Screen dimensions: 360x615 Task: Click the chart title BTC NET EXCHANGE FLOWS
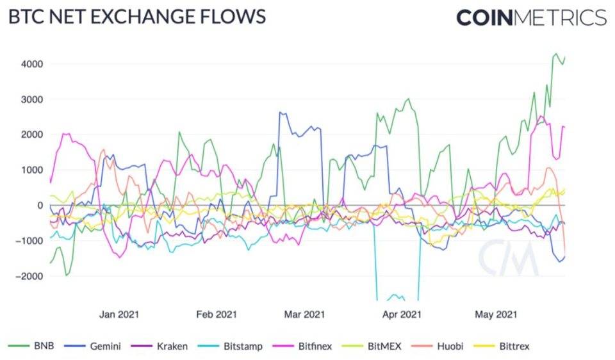(x=136, y=17)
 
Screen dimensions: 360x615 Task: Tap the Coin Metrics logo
(x=531, y=17)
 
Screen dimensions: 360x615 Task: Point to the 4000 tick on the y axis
(x=31, y=64)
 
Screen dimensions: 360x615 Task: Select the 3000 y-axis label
(x=31, y=99)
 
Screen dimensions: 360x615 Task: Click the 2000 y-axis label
(x=31, y=135)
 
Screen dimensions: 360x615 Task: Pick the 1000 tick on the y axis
(x=31, y=170)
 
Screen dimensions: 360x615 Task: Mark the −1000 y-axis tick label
(x=28, y=241)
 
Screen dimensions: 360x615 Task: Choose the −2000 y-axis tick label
(x=28, y=276)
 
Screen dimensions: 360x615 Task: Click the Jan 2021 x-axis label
(x=119, y=315)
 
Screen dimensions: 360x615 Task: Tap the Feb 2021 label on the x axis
(x=217, y=315)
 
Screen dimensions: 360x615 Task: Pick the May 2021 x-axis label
(x=495, y=315)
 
